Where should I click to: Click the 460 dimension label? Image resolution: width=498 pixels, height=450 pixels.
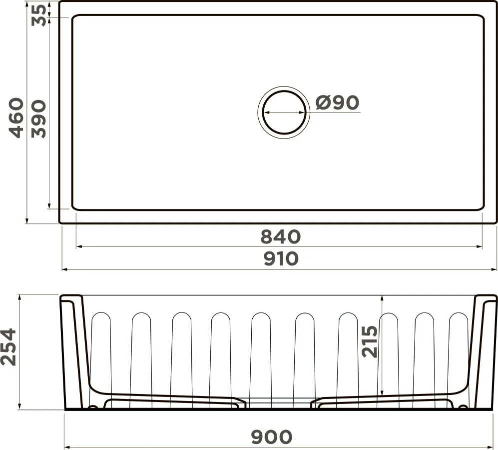click(16, 117)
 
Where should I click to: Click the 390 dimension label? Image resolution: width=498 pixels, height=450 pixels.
click(39, 119)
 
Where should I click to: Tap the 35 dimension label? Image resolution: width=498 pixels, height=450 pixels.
click(39, 15)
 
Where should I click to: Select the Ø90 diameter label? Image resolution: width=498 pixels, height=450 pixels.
click(337, 102)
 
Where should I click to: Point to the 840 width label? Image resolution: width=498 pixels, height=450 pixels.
click(280, 237)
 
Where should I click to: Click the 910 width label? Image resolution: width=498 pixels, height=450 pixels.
click(281, 258)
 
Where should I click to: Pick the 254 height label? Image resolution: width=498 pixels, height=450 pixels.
click(8, 346)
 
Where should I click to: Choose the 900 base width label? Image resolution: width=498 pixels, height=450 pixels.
click(272, 437)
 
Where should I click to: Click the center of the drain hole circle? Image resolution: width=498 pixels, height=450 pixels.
click(284, 112)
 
